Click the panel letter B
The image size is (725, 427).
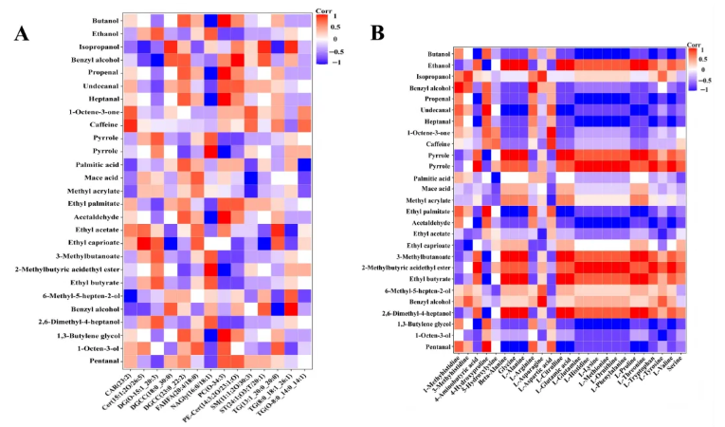(x=376, y=33)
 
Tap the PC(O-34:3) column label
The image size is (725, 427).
(x=212, y=386)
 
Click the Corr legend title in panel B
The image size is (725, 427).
(x=697, y=44)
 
